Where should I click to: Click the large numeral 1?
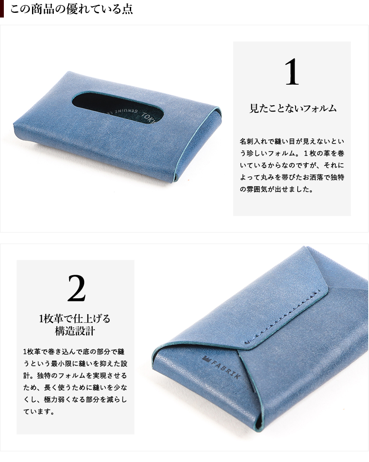coord(292,72)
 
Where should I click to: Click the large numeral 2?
coord(76,288)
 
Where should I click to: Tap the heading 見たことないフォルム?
coord(293,108)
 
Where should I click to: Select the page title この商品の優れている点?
coord(71,9)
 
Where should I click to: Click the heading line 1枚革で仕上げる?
coord(75,318)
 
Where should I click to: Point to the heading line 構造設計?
coord(75,331)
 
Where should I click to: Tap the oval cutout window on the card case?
coord(118,107)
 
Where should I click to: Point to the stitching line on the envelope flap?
coord(283,317)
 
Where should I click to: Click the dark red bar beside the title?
coord(2,9)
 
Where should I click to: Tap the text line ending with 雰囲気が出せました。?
coord(276,189)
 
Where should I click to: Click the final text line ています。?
coord(39,412)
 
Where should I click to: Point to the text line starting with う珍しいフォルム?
coord(292,153)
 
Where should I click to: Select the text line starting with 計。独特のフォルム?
coord(75,376)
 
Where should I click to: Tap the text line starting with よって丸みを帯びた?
coord(292,177)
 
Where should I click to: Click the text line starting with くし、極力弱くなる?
coord(75,400)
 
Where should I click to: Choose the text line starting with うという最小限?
coord(75,364)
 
